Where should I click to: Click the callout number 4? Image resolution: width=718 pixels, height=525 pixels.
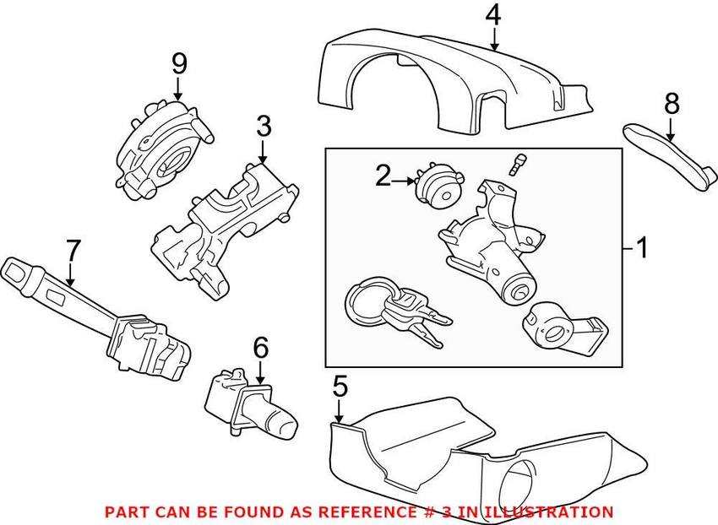(x=493, y=15)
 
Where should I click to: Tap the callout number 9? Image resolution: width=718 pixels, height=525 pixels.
(x=179, y=62)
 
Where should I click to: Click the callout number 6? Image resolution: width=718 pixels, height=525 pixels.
(x=260, y=346)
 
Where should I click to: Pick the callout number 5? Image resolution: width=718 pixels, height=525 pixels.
(x=340, y=387)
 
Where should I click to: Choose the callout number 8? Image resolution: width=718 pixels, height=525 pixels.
(x=672, y=103)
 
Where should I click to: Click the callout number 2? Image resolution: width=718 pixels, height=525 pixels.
(x=383, y=176)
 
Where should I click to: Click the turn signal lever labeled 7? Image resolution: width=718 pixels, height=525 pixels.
(x=93, y=312)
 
